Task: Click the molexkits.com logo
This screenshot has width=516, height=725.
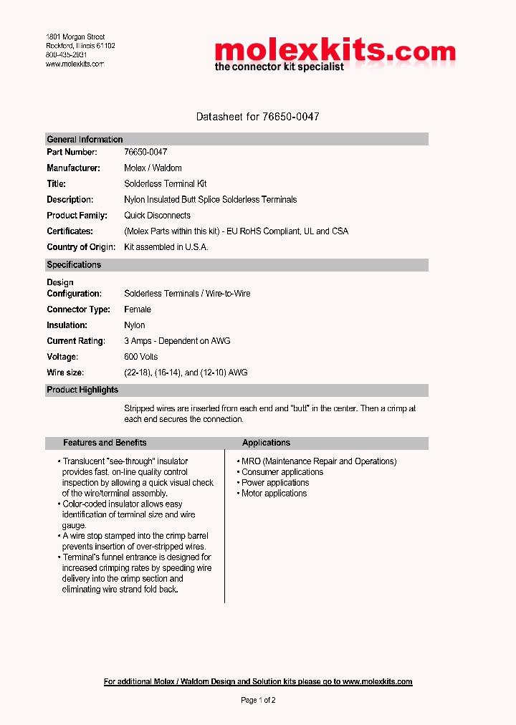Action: pos(335,54)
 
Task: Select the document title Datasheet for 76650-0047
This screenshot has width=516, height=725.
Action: pos(257,116)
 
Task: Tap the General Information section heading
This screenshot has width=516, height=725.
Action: pos(85,140)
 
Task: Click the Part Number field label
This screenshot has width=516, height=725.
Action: pos(72,153)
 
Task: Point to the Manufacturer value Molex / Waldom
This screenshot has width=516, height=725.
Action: pos(153,168)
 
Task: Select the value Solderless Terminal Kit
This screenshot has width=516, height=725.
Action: pos(165,184)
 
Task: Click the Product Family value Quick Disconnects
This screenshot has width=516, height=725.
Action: pos(157,216)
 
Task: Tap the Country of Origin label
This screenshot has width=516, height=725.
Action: pos(81,247)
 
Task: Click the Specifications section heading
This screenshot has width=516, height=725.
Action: pos(74,265)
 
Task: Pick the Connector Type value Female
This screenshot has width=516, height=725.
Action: pos(138,309)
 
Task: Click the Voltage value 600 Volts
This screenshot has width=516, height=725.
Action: pos(140,357)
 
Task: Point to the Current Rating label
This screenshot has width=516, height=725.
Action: pos(76,341)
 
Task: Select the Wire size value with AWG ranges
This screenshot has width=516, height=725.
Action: pos(186,373)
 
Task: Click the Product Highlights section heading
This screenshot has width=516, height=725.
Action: pos(82,390)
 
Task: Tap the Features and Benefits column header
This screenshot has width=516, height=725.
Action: pos(105,443)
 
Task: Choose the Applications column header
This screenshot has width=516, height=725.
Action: pos(266,443)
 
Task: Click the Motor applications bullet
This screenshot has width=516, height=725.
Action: pos(274,494)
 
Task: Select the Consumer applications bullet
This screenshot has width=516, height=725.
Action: pos(282,472)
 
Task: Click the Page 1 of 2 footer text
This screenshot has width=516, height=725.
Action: pos(258,700)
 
